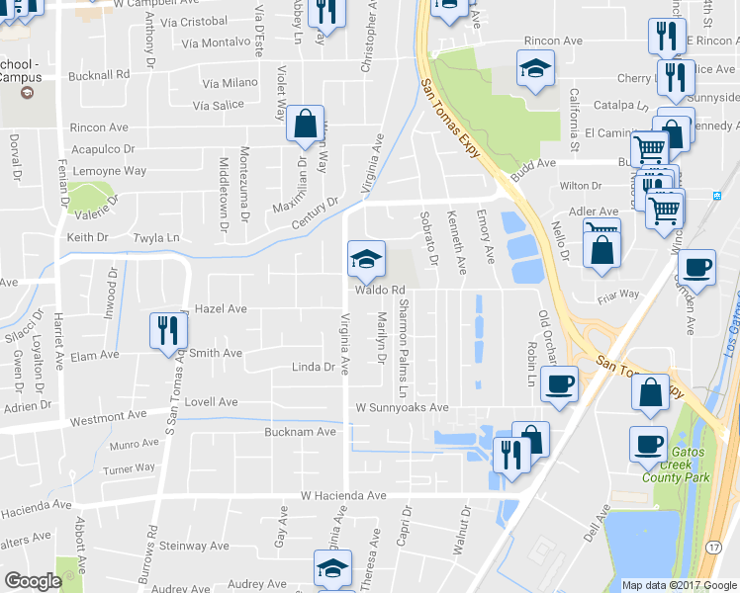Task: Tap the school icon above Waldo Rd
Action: (x=365, y=260)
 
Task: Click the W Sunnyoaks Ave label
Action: (x=403, y=407)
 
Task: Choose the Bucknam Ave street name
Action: (x=301, y=432)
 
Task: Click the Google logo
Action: (x=33, y=581)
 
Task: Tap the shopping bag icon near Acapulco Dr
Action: (x=305, y=125)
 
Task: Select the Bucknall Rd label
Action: (x=99, y=75)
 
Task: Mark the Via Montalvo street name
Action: (x=217, y=43)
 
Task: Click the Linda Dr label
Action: (x=314, y=367)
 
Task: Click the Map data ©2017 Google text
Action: (x=679, y=585)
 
